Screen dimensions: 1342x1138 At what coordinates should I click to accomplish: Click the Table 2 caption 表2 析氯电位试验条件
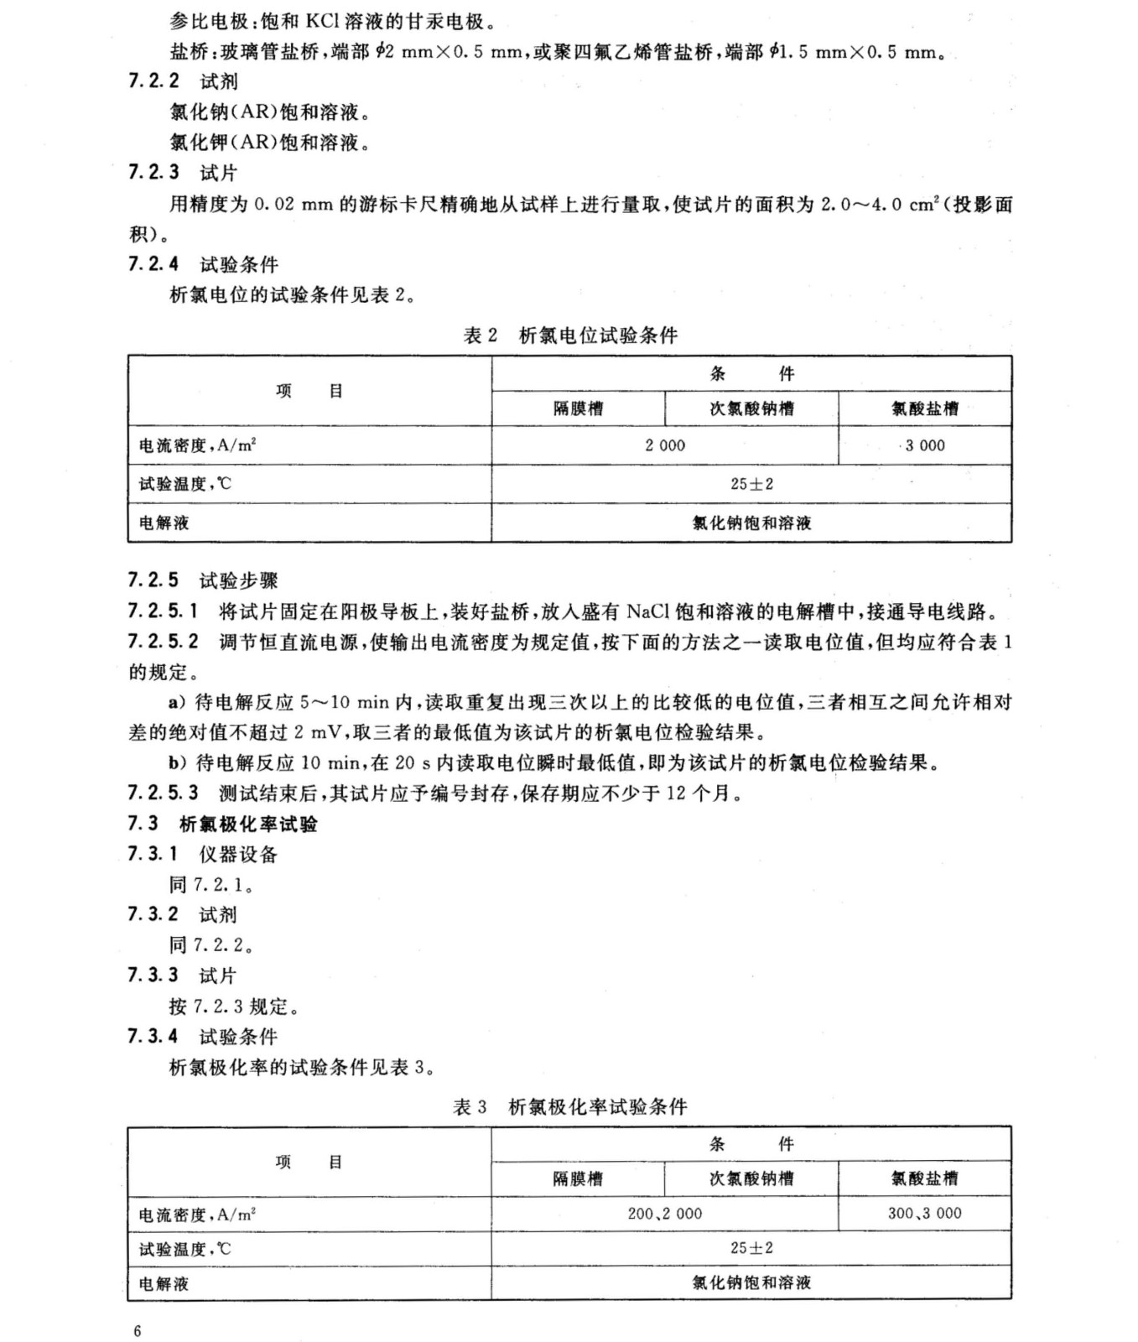click(570, 335)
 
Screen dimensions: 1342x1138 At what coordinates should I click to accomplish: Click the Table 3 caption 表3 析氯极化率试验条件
click(570, 1106)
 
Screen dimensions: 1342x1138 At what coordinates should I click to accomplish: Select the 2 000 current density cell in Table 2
click(665, 446)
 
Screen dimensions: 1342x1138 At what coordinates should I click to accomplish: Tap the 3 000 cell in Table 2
click(925, 446)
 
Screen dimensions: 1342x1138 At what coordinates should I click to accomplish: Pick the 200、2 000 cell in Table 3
click(665, 1214)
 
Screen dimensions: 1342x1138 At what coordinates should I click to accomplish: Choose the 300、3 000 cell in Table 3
click(925, 1214)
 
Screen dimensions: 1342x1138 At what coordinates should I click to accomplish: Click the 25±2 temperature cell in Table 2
click(751, 484)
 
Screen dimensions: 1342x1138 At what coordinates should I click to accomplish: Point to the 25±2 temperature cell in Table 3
click(751, 1248)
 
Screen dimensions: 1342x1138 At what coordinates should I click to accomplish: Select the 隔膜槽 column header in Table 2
click(578, 409)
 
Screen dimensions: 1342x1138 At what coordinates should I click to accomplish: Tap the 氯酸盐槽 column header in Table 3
click(924, 1178)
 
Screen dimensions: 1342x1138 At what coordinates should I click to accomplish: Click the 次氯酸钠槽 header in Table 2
click(751, 409)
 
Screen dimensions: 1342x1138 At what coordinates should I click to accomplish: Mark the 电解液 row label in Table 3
click(164, 1283)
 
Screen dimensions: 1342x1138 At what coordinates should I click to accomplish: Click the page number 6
click(138, 1331)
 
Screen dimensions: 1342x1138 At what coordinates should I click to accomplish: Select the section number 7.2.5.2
click(164, 642)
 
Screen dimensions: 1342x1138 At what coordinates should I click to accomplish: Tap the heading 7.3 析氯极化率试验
click(223, 824)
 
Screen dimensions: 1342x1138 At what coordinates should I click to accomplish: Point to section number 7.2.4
click(153, 264)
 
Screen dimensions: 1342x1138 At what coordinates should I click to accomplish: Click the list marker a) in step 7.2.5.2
click(177, 702)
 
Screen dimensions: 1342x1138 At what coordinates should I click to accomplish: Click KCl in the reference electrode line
click(325, 22)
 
